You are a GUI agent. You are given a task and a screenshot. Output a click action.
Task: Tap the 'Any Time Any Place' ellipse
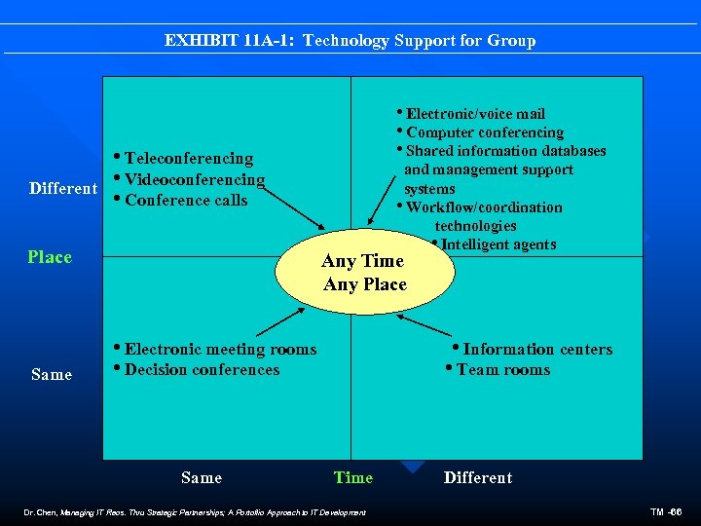pos(364,273)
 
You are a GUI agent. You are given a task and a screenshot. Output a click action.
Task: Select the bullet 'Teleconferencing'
pos(189,158)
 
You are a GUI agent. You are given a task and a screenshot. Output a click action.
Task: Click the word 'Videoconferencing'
pos(195,179)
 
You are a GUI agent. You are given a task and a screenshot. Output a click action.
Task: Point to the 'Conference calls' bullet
pos(186,201)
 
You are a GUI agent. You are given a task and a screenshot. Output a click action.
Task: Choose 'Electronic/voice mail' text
pos(475,114)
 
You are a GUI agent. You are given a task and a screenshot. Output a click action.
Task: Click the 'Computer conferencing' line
pos(484,132)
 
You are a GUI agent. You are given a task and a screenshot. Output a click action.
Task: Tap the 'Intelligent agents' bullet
pos(498,244)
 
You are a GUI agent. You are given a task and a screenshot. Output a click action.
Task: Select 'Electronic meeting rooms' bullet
pos(220,349)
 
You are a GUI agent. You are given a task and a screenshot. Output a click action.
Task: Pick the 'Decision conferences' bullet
pos(202,370)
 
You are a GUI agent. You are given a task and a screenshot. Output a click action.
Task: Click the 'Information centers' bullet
pos(537,349)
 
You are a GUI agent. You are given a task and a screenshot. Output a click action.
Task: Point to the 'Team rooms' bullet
pos(502,370)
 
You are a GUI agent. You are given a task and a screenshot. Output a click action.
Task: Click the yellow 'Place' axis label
pos(50,257)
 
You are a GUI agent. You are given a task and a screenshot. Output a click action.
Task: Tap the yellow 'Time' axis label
pos(352,477)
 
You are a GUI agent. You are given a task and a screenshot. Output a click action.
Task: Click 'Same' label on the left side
pos(52,374)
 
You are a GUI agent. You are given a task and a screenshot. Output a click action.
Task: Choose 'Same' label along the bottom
pos(202,477)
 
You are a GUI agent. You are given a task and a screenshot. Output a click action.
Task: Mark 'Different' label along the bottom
pos(477,477)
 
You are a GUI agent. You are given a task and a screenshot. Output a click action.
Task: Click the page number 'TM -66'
pos(668,512)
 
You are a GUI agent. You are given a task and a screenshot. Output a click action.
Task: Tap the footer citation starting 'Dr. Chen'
pos(194,512)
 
